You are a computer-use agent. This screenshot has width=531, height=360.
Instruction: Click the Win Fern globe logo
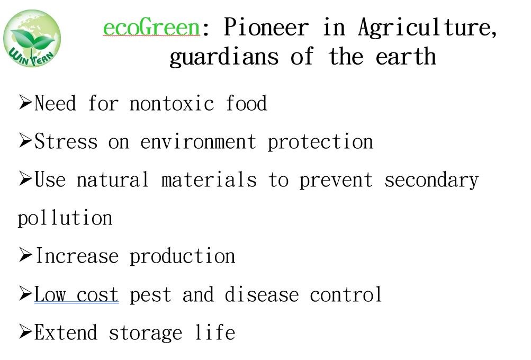[x=32, y=38]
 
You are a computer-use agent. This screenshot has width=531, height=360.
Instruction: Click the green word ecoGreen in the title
[x=152, y=27]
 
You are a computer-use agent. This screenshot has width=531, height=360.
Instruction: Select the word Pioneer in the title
[x=266, y=27]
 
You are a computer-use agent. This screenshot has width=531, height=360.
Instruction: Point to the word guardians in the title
[x=224, y=57]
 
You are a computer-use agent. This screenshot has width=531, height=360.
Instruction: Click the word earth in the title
[x=406, y=56]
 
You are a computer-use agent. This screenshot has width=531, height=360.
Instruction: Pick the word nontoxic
[x=172, y=103]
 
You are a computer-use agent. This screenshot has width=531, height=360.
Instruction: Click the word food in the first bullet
[x=246, y=103]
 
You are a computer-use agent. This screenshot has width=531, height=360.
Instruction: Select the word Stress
[x=66, y=141]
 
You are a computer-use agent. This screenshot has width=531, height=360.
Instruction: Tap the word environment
[x=198, y=141]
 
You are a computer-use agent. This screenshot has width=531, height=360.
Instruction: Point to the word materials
[x=209, y=179]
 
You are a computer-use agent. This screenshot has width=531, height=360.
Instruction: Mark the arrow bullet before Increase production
[x=26, y=255]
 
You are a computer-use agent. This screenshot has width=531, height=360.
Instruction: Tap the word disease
[x=262, y=294]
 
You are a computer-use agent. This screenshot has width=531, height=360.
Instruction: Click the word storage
[x=145, y=333]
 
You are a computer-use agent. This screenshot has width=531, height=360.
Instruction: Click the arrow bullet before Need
[x=26, y=102]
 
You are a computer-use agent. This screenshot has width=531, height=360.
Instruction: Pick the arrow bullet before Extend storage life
[x=26, y=331]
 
